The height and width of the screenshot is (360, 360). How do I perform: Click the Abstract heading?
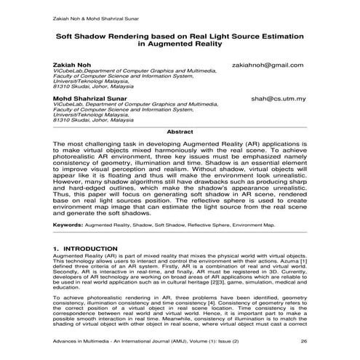click(x=180, y=132)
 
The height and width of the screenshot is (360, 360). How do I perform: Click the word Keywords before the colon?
click(x=67, y=225)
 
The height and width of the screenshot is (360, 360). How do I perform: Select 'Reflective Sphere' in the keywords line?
click(x=222, y=225)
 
